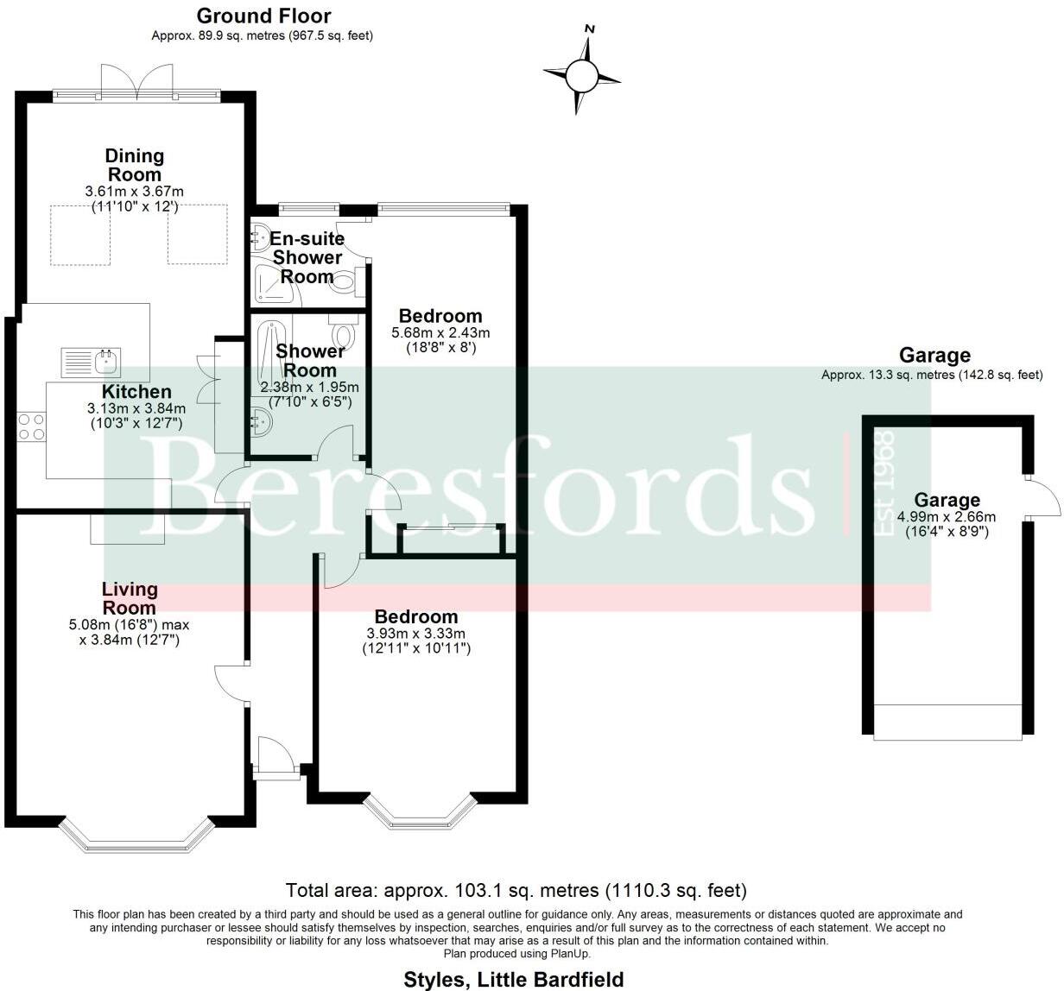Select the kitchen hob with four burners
coord(32,426)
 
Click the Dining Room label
coord(134,165)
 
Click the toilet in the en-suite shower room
coord(343,281)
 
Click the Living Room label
coord(130,598)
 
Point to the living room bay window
coord(136,836)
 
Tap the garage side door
coord(1042,498)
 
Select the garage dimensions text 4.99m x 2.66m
coord(947,517)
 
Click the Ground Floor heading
coord(263,16)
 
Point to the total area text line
coord(516,890)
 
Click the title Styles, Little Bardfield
coord(513,979)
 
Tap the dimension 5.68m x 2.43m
coord(440,332)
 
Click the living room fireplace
coord(128,529)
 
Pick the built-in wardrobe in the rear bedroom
coord(449,540)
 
